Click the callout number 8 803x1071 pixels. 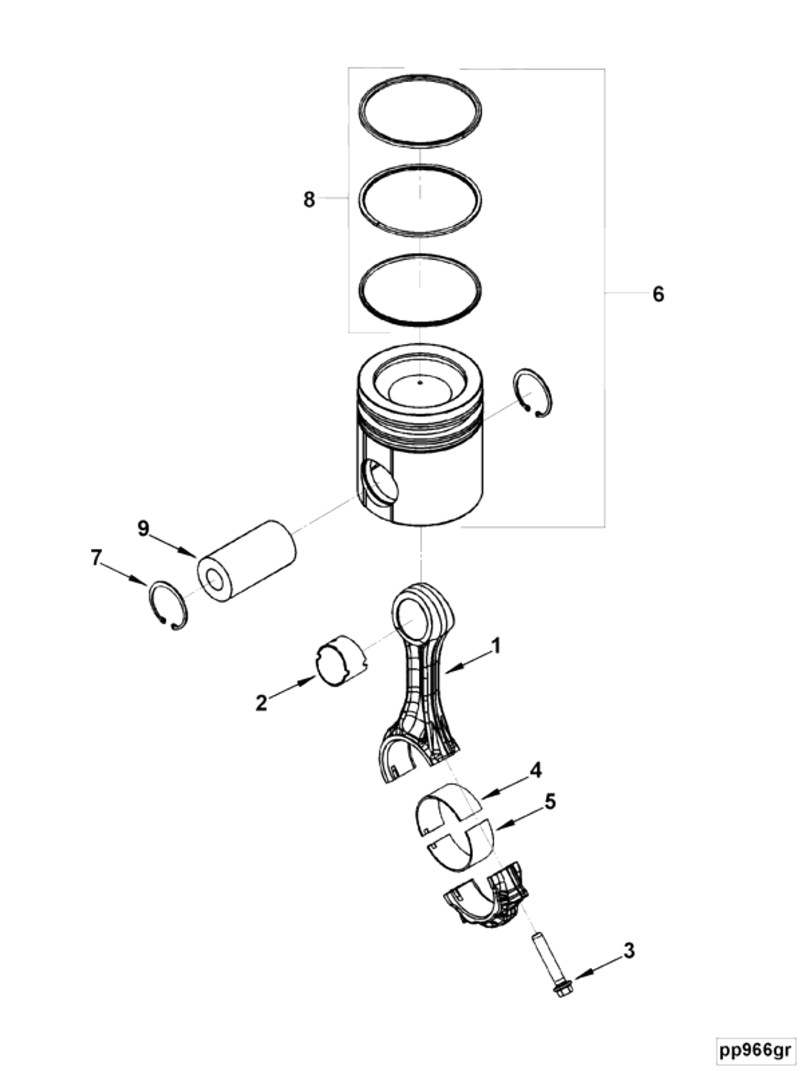click(x=309, y=199)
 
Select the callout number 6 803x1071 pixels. click(x=658, y=294)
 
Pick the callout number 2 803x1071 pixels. click(x=261, y=702)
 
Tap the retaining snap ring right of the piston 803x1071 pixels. click(x=532, y=393)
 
